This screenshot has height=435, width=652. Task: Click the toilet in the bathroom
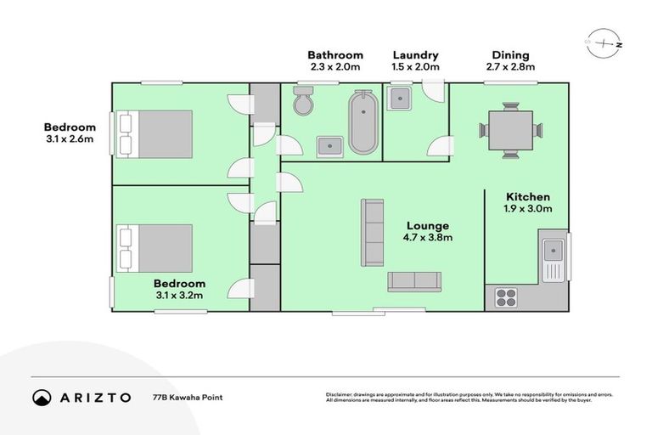[303, 103]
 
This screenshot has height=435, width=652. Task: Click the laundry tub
[400, 99]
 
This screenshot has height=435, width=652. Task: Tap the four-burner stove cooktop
[506, 297]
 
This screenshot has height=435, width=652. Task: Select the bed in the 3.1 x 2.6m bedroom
[156, 133]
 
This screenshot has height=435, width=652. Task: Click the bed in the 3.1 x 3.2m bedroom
[156, 247]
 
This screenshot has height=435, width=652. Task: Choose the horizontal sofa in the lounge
[414, 282]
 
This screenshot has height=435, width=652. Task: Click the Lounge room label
[427, 226]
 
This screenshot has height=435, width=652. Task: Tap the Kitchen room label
[528, 196]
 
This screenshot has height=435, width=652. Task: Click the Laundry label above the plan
[414, 55]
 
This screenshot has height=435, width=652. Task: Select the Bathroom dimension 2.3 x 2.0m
[334, 67]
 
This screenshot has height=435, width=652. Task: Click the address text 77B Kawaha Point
[183, 397]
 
